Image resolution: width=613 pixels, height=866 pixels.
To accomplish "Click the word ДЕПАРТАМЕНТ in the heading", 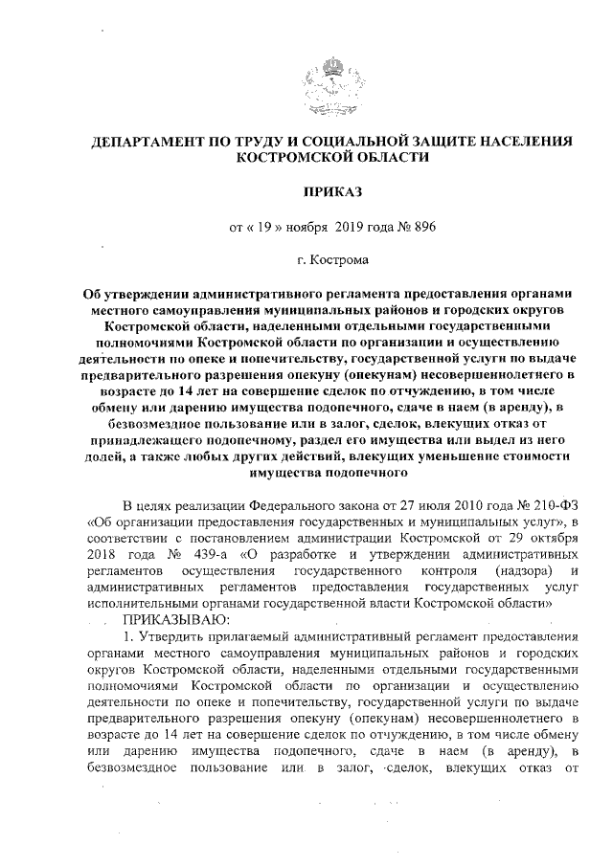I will pos(144,142).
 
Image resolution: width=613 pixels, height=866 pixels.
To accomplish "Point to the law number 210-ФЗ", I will pos(550,505).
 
